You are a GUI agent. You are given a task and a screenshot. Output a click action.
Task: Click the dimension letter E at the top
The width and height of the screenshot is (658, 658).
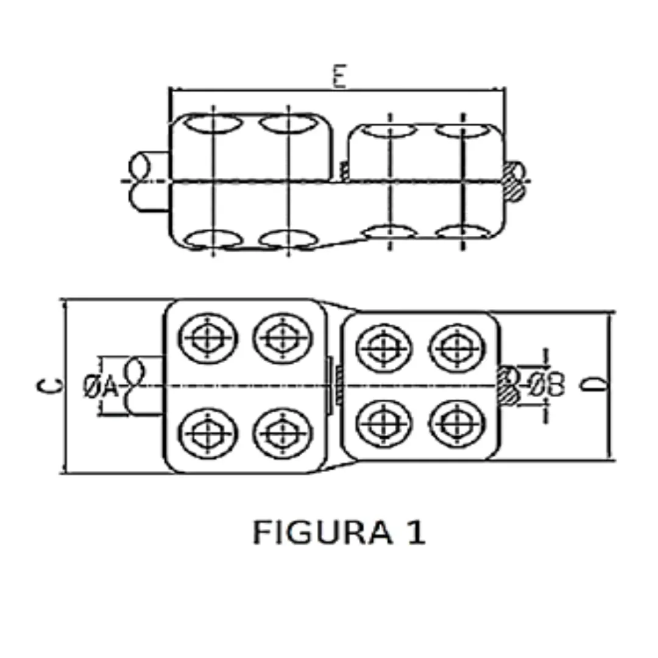[x=339, y=78]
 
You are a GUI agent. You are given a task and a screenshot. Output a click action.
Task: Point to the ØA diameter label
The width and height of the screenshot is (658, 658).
[x=101, y=386]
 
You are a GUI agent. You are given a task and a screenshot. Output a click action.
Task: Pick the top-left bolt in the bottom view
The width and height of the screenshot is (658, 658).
[x=208, y=336]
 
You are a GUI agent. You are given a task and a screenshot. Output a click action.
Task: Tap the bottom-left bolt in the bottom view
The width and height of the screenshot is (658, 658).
[x=208, y=432]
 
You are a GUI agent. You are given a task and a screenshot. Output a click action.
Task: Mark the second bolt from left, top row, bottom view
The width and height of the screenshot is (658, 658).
[x=282, y=336]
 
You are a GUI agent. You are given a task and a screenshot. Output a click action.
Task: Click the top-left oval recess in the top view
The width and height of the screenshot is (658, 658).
[x=213, y=124]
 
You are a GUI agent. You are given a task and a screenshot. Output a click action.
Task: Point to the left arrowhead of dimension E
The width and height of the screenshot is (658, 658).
[x=174, y=90]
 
